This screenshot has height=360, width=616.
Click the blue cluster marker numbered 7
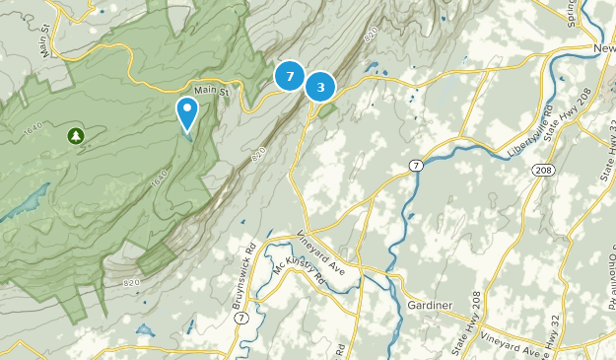click(x=290, y=76)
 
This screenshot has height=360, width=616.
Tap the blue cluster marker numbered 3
click(x=320, y=87)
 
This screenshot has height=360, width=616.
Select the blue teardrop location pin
click(x=186, y=112)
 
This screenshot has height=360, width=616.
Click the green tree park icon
click(x=75, y=135)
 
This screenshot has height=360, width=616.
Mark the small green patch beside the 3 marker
click(x=326, y=110)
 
